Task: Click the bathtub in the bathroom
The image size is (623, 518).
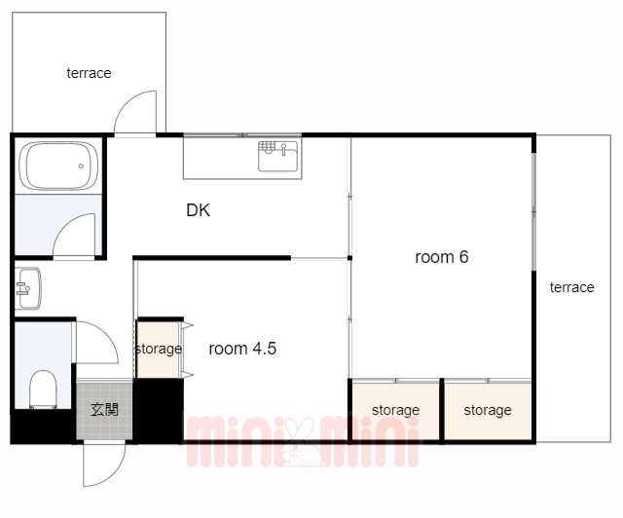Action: (x=58, y=166)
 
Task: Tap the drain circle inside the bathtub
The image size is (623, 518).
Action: (x=81, y=166)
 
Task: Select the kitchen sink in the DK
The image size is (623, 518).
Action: (x=277, y=156)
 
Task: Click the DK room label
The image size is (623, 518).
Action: (x=198, y=210)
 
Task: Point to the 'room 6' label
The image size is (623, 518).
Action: (x=441, y=257)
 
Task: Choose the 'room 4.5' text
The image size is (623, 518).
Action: (x=242, y=349)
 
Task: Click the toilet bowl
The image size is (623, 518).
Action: (x=43, y=389)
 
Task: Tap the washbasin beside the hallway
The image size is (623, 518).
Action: (x=28, y=288)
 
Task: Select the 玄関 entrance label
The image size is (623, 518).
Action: (x=104, y=410)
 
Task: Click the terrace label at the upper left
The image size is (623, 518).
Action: (x=89, y=73)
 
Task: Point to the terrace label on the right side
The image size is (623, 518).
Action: (x=571, y=287)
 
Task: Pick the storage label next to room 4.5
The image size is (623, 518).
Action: (x=159, y=349)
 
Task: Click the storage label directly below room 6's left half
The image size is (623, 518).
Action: (x=396, y=410)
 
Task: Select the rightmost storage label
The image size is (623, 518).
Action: (x=488, y=410)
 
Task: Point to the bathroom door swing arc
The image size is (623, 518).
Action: (x=65, y=225)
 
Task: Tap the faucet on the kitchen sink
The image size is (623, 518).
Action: (x=283, y=150)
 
